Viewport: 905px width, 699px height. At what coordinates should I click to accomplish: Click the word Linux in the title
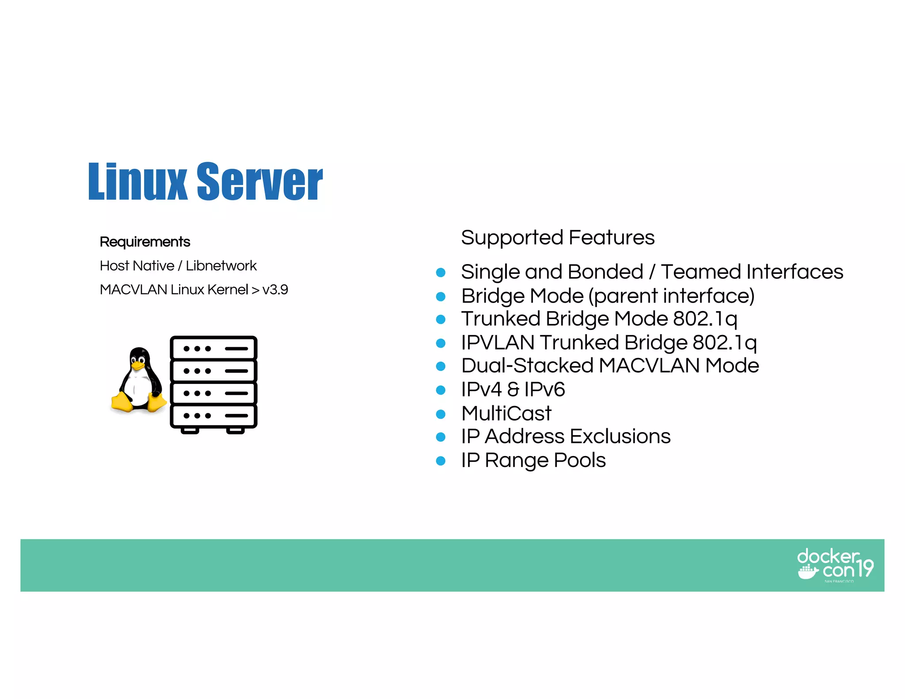tap(137, 182)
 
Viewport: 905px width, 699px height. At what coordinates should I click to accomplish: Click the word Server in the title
tap(259, 182)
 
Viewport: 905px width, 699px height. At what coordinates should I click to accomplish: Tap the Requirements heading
tap(145, 242)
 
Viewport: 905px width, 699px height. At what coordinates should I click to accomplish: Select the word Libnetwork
tap(221, 266)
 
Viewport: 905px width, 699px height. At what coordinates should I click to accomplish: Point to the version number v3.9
tap(275, 289)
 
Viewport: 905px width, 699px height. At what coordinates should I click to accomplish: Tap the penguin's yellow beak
tap(138, 365)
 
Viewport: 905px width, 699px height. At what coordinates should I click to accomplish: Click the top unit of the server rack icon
tap(213, 348)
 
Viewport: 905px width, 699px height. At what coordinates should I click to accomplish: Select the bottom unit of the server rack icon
tap(213, 416)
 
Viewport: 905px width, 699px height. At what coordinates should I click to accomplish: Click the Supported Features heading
tap(558, 237)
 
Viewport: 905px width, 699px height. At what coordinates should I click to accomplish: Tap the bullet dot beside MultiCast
tap(441, 414)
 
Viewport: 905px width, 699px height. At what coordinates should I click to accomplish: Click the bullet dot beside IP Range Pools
tap(441, 461)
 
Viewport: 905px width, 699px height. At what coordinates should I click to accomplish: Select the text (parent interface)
tap(672, 296)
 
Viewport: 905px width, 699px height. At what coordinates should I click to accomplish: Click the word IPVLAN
tap(498, 342)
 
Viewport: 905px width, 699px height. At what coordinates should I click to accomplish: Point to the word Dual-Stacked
tap(527, 366)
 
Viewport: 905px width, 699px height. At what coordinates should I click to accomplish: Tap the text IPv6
tap(544, 390)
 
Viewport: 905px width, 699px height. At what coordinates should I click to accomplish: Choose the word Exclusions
tap(620, 437)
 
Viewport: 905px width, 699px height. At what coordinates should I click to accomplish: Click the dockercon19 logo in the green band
tap(835, 565)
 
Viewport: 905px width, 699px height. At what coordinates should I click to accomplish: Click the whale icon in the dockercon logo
tap(808, 572)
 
